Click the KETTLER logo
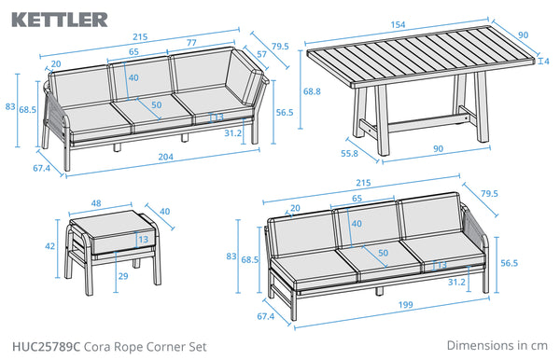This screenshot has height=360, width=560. (60, 20)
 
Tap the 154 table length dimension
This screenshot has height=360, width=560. (398, 25)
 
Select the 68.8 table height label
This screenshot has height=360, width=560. (312, 91)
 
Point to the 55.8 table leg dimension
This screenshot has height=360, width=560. (349, 153)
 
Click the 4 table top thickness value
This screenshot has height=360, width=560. (546, 62)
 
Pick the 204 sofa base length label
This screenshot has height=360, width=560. (166, 157)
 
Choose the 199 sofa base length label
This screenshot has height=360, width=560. (405, 305)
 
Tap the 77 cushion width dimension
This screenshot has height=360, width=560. (191, 43)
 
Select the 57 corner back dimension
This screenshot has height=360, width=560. (261, 54)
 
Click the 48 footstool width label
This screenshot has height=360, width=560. (96, 203)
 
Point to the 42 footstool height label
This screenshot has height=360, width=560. (50, 246)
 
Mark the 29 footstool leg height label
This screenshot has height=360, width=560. (123, 276)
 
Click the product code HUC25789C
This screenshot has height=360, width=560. (47, 347)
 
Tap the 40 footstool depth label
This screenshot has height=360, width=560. (164, 212)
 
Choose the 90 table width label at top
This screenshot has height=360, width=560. (523, 35)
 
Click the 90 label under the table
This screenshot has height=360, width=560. (439, 149)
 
